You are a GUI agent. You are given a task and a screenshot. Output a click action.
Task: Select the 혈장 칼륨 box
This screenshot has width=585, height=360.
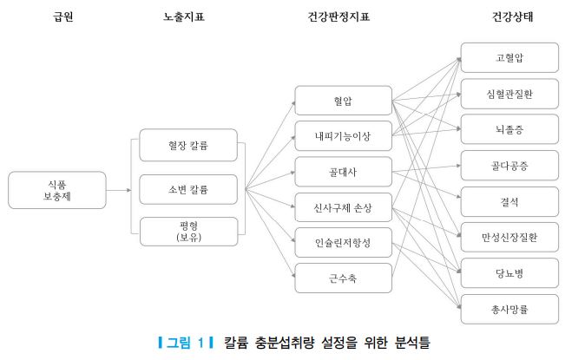pyautogui.click(x=187, y=146)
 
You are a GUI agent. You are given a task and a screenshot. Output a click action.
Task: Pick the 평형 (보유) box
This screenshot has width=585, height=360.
pyautogui.click(x=187, y=232)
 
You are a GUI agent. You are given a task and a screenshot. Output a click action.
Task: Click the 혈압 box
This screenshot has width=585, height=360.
pyautogui.click(x=343, y=101)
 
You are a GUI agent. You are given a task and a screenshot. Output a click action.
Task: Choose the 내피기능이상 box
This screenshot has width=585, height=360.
pyautogui.click(x=343, y=136)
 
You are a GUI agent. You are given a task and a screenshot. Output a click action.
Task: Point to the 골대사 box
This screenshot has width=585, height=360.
pyautogui.click(x=343, y=172)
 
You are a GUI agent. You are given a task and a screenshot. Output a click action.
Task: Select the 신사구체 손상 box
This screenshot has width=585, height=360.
pyautogui.click(x=343, y=207)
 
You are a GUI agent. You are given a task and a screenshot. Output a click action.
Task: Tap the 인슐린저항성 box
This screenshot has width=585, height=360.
pyautogui.click(x=343, y=243)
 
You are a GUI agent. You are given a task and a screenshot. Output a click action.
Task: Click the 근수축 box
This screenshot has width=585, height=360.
pyautogui.click(x=343, y=278)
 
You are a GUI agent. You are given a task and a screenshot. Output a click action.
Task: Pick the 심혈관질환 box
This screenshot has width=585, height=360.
pyautogui.click(x=509, y=93)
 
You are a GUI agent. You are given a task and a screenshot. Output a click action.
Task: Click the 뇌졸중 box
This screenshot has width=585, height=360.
pyautogui.click(x=509, y=129)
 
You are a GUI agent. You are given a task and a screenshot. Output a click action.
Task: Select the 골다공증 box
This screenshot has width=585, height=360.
pyautogui.click(x=509, y=165)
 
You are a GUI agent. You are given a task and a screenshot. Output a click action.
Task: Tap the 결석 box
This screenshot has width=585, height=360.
pyautogui.click(x=509, y=201)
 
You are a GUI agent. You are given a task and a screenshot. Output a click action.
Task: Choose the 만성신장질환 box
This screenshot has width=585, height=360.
pyautogui.click(x=509, y=237)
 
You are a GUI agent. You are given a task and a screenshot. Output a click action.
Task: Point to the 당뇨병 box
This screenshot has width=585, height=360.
pyautogui.click(x=509, y=273)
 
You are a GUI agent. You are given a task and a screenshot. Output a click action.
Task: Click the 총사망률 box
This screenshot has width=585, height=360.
pyautogui.click(x=509, y=309)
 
